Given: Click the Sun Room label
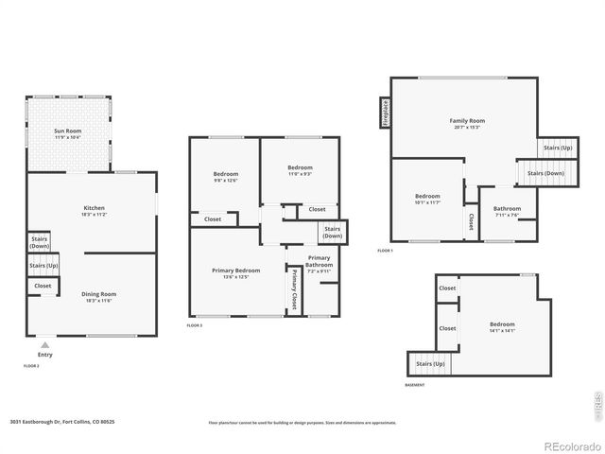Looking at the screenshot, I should click(x=66, y=133).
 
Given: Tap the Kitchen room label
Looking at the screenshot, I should click(x=94, y=211).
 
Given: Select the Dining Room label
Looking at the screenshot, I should click(x=94, y=297).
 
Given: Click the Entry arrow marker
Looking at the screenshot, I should click(x=44, y=345).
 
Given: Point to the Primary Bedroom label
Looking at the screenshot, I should click(x=234, y=273).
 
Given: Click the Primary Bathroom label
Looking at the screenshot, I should click(x=319, y=262).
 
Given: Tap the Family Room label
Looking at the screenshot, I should click(x=466, y=123).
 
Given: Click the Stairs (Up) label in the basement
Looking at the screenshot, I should click(x=430, y=363).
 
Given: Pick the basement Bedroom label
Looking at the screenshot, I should click(x=502, y=327).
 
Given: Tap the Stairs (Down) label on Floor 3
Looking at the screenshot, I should click(x=333, y=232).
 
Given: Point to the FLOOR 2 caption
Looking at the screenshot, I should click(x=31, y=365).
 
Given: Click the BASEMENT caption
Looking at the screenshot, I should click(x=414, y=385).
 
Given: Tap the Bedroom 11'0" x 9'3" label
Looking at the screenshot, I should click(x=300, y=171).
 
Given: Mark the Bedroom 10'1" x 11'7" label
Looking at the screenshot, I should click(x=427, y=199).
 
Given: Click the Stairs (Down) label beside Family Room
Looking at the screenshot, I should click(x=545, y=173).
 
